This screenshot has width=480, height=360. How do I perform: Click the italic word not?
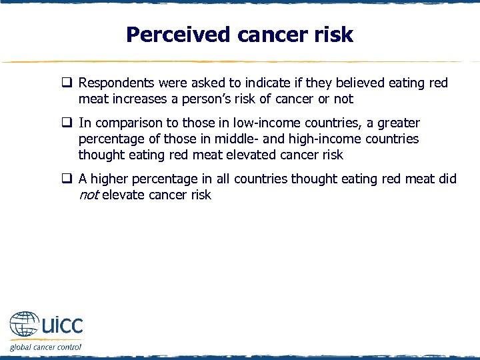pyautogui.click(x=89, y=195)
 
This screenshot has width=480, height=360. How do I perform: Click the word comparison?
pyautogui.click(x=128, y=123)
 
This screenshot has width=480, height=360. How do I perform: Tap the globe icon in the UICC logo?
pyautogui.click(x=25, y=325)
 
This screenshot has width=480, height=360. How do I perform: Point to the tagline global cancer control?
pyautogui.click(x=45, y=347)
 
